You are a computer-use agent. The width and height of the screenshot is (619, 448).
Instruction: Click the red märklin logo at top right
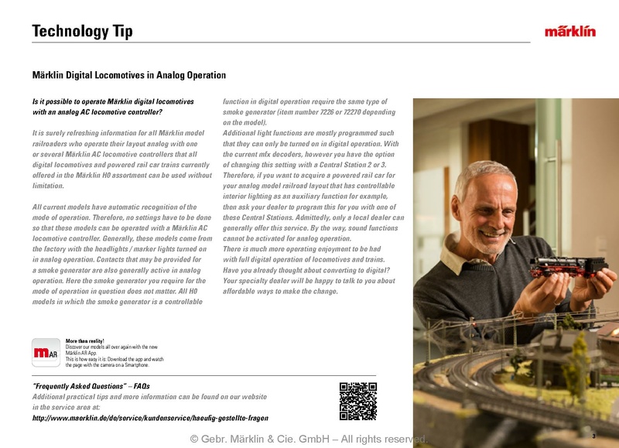coord(569,32)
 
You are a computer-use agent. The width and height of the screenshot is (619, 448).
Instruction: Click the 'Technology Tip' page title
coord(83,32)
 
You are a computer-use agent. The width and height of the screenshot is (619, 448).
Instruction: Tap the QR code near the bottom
coord(358,401)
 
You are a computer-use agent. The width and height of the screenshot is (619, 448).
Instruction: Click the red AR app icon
coord(46,354)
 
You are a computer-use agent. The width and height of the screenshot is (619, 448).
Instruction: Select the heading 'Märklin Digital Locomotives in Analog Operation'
coord(128,76)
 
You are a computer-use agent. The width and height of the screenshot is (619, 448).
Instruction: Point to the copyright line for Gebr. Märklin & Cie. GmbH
coord(308,439)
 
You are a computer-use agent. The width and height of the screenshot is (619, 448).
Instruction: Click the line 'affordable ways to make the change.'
coord(280,292)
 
